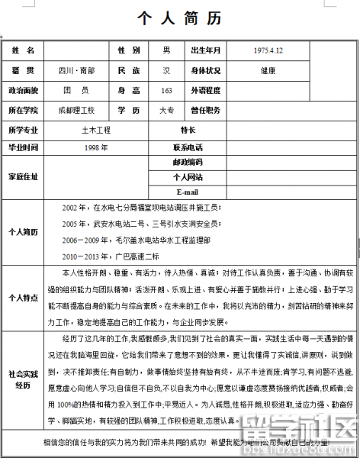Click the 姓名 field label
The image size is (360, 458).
(23, 50)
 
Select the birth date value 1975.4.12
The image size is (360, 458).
(268, 50)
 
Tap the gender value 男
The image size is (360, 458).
(166, 50)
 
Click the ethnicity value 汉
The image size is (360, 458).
(166, 70)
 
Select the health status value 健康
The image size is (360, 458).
(268, 70)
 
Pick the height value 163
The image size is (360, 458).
(166, 90)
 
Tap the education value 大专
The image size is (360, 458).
(166, 110)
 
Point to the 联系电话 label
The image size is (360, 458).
(188, 147)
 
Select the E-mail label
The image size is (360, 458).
(188, 192)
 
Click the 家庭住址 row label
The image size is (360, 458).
(23, 176)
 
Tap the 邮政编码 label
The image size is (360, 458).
(188, 162)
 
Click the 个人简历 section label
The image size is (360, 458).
(23, 231)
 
